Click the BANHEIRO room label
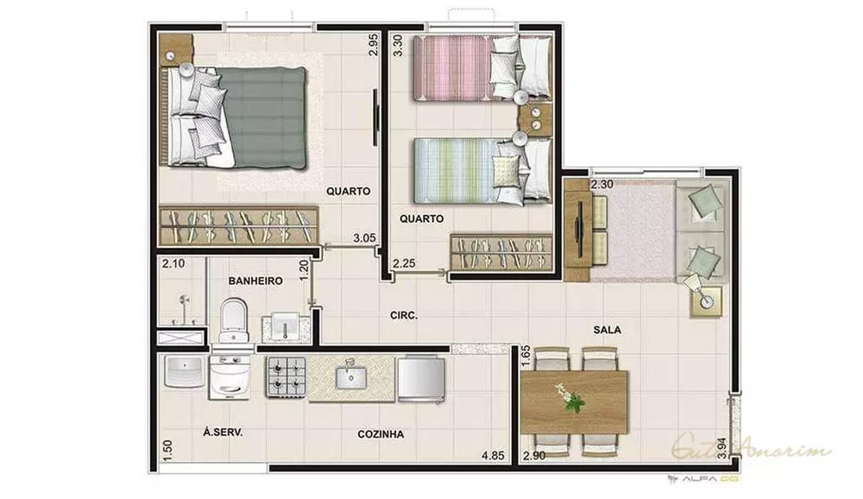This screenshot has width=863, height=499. point(256,281)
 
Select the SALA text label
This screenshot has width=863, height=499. point(608,330)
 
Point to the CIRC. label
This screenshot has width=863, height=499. point(403,316)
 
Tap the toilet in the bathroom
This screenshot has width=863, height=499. point(233,319)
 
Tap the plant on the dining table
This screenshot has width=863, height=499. point(570,398)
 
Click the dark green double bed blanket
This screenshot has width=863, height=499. point(264,117)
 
